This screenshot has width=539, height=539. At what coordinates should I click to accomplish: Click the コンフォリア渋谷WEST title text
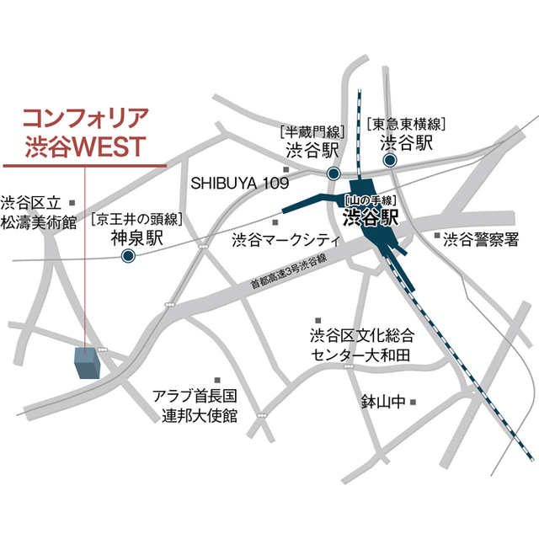tap(85, 130)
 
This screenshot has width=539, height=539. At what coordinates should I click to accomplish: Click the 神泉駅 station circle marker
tap(128, 257)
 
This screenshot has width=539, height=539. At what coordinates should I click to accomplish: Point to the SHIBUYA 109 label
tap(239, 183)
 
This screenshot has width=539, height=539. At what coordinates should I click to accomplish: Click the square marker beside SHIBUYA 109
tap(286, 169)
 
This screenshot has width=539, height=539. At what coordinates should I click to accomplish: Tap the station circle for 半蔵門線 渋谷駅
tap(334, 173)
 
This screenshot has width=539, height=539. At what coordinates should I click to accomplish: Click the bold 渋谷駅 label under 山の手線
tap(371, 220)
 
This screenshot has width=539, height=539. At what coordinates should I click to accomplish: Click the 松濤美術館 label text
tap(38, 222)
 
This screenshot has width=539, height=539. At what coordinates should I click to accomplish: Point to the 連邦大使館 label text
tap(200, 415)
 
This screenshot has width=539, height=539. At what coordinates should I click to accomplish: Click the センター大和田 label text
tap(360, 355)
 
